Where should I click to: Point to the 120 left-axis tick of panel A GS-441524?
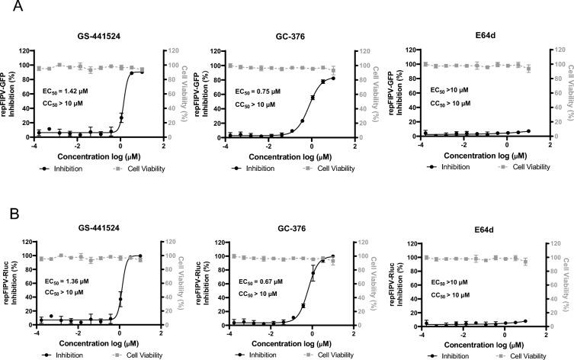pos(26,50)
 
